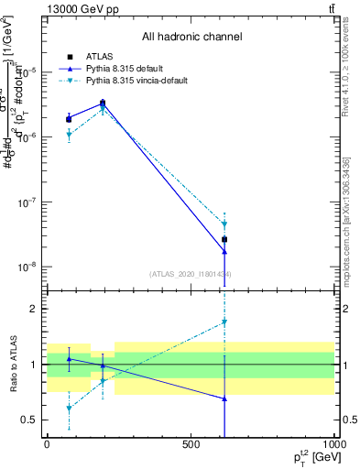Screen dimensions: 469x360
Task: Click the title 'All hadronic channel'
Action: tap(191, 37)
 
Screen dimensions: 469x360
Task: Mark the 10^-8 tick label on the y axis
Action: tap(27, 267)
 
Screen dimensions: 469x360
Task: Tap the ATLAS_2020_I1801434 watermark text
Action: tap(191, 274)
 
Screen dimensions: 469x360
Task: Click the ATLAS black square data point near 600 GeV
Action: tap(224, 239)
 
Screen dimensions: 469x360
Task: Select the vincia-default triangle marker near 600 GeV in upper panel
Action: tap(224, 224)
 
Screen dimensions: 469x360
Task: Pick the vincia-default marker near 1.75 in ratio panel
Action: tap(224, 322)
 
